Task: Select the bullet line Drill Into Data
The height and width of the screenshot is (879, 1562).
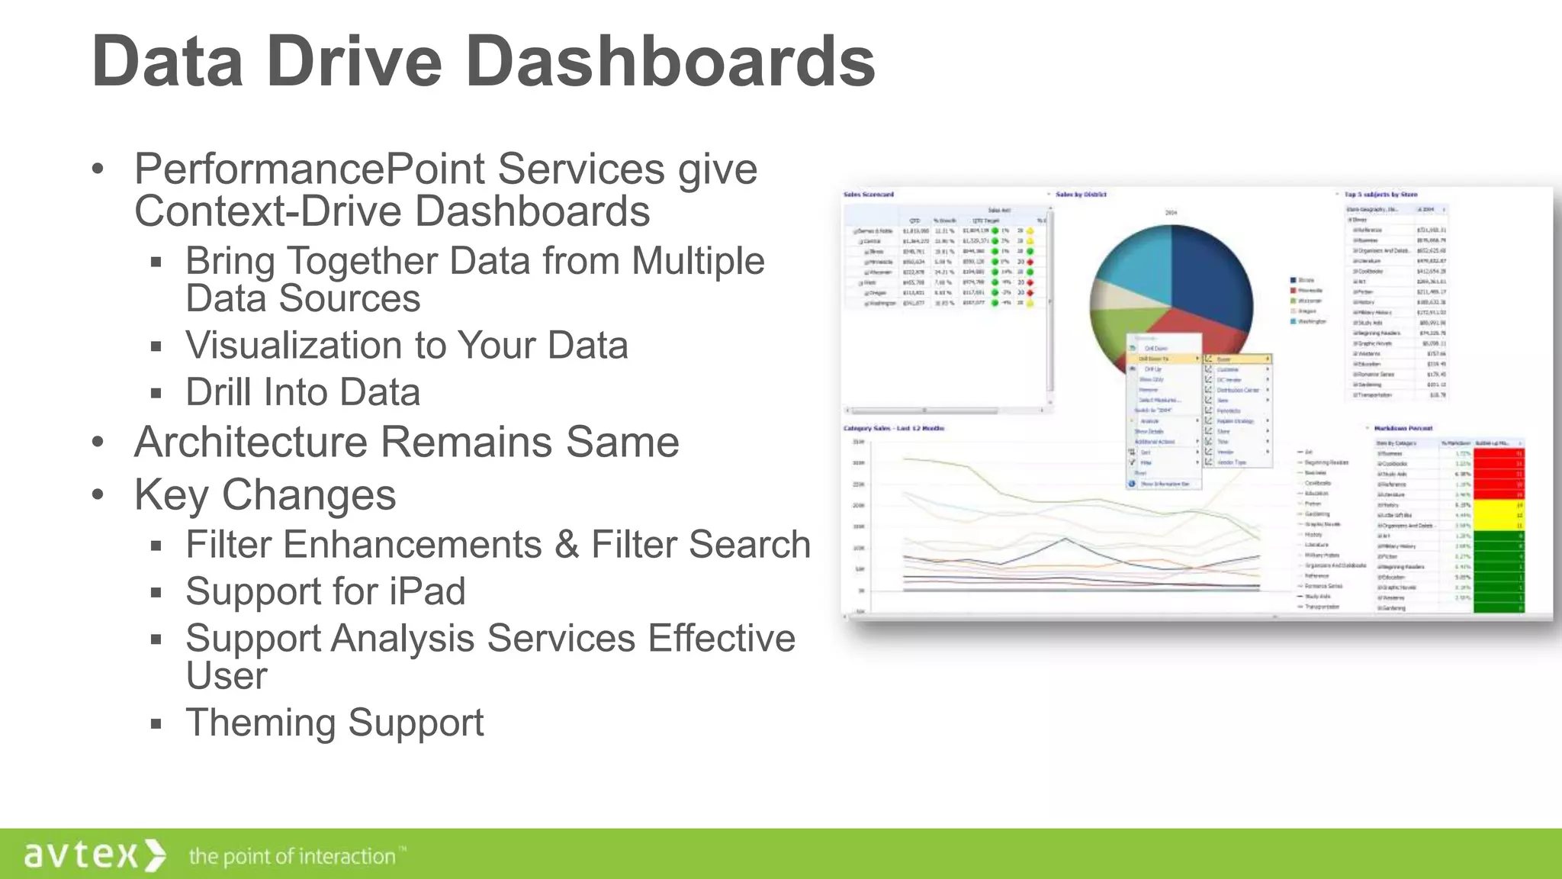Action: pos(303,392)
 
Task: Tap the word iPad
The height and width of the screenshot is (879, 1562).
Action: pos(427,591)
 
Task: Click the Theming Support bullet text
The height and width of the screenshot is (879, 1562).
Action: pos(334,723)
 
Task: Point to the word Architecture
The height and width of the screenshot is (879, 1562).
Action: pos(250,442)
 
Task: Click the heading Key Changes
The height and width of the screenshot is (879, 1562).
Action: pos(265,494)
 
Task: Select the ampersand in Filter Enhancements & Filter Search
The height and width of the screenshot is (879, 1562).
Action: pos(566,545)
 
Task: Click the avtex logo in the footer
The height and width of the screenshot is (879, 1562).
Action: pos(94,855)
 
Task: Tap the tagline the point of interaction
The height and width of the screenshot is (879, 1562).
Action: pos(293,856)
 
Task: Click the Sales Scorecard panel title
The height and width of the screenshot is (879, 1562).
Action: pos(868,195)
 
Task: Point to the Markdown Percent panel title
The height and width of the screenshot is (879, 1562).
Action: pos(1403,428)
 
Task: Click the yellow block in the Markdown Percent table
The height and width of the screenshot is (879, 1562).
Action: pos(1498,515)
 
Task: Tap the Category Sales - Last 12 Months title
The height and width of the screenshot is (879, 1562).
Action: pos(893,428)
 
